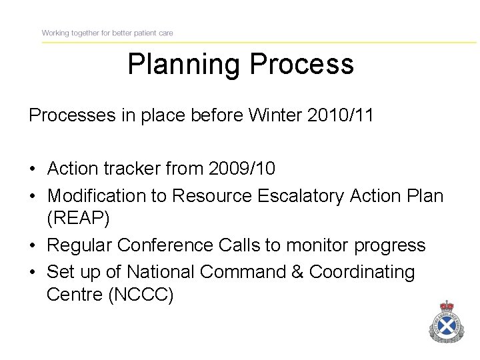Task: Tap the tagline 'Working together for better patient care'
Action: tap(107, 33)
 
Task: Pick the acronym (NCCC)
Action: tap(141, 294)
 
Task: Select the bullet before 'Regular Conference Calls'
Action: tap(33, 246)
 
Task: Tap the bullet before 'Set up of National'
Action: tap(33, 273)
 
